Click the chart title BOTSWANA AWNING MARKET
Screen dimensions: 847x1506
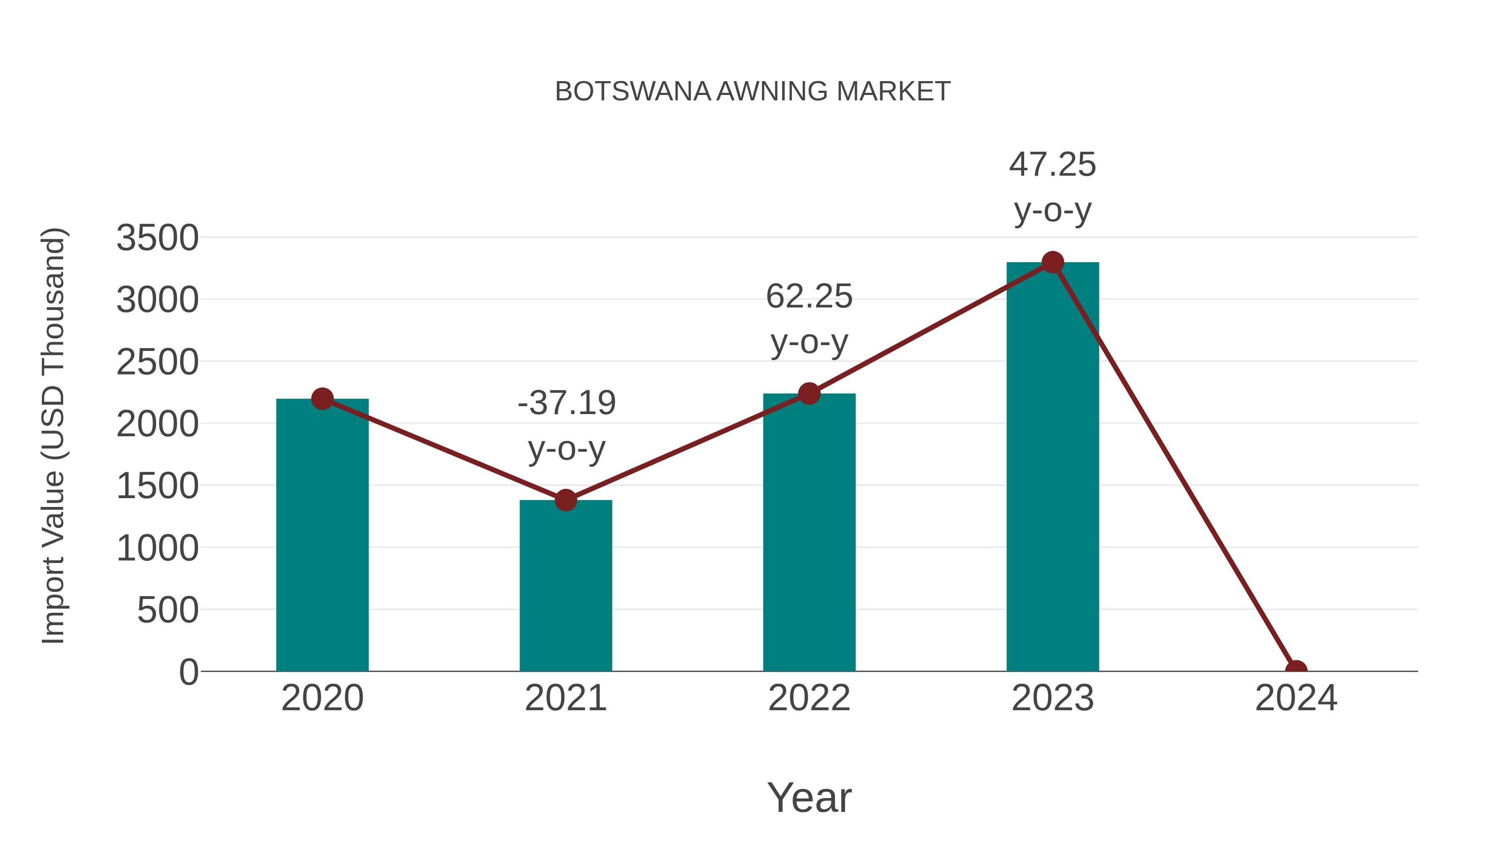pyautogui.click(x=753, y=92)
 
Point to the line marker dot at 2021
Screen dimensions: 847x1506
pyautogui.click(x=565, y=500)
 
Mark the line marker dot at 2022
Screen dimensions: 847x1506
pyautogui.click(x=809, y=394)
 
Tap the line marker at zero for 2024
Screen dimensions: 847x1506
pyautogui.click(x=1296, y=670)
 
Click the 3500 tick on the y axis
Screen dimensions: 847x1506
pyautogui.click(x=157, y=238)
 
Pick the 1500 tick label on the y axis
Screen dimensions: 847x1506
pyautogui.click(x=157, y=486)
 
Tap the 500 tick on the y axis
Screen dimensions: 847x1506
pyautogui.click(x=168, y=611)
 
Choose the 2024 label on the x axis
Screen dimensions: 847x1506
pyautogui.click(x=1296, y=699)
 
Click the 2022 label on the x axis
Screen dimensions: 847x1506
pyautogui.click(x=809, y=699)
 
